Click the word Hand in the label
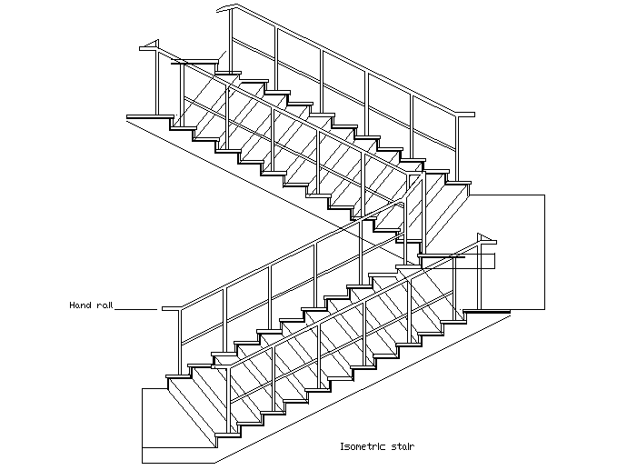[81, 305]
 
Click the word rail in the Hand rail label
[104, 305]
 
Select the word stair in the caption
[403, 446]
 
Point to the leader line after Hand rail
[135, 309]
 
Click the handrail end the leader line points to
[172, 308]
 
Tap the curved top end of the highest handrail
[226, 8]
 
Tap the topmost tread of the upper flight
[194, 62]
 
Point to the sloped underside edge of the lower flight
[363, 389]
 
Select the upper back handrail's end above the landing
[465, 115]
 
